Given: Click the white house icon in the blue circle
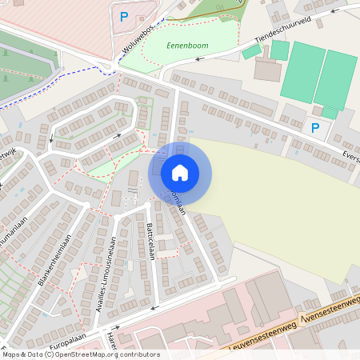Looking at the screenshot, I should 180,172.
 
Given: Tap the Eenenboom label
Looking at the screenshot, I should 187,46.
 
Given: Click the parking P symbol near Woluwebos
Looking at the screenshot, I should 123,16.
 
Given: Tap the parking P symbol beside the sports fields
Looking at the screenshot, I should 315,127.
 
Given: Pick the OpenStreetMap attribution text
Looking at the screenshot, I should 80,354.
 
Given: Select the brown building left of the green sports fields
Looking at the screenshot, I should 266,70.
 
